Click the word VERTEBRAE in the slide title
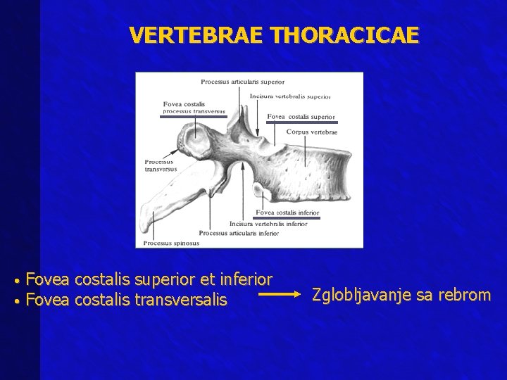click(192, 35)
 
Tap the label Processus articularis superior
click(242, 82)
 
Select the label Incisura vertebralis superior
click(289, 96)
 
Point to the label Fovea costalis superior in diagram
click(301, 117)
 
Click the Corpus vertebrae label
click(312, 132)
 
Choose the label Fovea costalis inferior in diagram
click(287, 213)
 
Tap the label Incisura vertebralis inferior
click(268, 224)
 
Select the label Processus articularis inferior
click(239, 233)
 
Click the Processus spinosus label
click(171, 243)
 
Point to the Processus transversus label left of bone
click(161, 165)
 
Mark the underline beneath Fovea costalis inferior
click(287, 218)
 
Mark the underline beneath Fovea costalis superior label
click(301, 122)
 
